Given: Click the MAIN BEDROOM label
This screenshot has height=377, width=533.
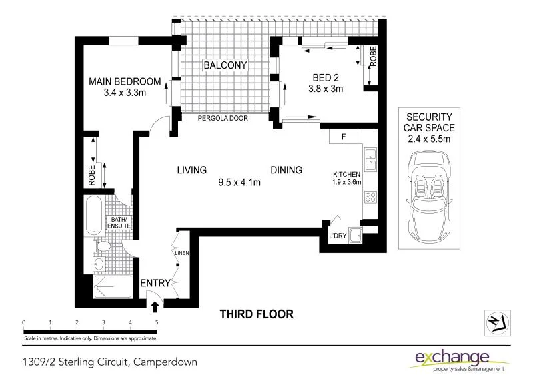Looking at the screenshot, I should pos(125,82).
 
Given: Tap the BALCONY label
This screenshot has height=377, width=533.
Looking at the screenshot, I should pos(225,65).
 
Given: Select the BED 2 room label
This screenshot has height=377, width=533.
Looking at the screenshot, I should pos(326,77).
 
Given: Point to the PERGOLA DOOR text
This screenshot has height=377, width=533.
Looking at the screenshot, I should pos(223,118).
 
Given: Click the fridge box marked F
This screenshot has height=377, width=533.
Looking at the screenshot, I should pos(344,137).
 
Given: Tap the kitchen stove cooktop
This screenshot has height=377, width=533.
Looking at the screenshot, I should pos(370,197).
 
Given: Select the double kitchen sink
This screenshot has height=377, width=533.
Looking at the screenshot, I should pos(370,161).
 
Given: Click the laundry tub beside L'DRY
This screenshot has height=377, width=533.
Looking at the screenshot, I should pos(358,235).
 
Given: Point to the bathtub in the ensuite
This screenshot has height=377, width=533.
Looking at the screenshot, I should pos(94,215).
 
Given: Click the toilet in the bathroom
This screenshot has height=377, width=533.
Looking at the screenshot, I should pos(101,248).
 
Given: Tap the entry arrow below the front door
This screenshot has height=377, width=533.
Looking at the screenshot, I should pos(155,307).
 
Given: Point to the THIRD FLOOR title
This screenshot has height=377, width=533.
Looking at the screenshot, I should pos(257,314).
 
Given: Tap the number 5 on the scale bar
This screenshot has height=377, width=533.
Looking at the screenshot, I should pos(157,322).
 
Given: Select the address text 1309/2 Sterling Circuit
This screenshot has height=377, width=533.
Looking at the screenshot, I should pos(107,362).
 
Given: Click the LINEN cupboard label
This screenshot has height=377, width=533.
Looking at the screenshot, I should pos(182,253).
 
